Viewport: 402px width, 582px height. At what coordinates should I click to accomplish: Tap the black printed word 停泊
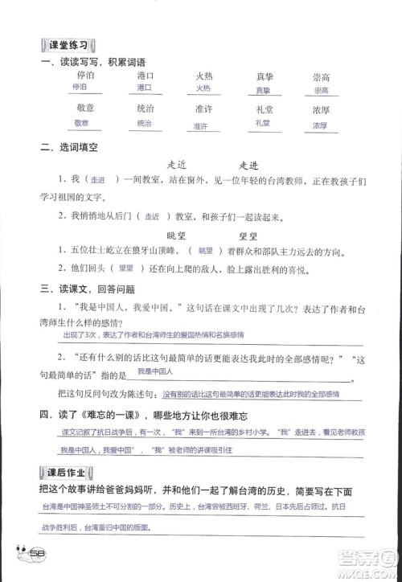pos(84,75)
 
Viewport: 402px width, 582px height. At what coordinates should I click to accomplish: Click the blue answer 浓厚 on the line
pos(320,126)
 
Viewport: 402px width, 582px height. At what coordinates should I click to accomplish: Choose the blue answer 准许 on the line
pos(201,126)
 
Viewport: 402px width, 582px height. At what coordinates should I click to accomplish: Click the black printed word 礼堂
pos(261,110)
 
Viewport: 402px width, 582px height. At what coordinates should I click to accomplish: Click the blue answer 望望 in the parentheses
pos(125,269)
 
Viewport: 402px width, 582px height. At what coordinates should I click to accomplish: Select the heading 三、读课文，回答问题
pos(92,289)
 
